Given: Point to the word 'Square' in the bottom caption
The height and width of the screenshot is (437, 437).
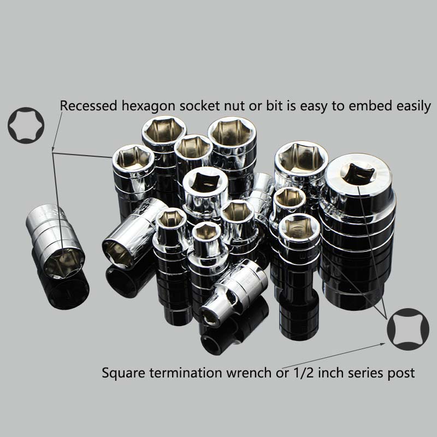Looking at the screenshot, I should click(122, 374).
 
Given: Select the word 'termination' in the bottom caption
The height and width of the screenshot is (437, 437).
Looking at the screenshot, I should click(185, 373).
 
